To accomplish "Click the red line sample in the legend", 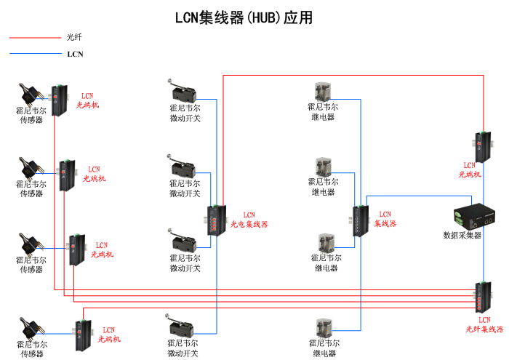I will point(34,37).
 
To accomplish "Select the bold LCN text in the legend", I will point(75,54).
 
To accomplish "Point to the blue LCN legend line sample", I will point(34,54).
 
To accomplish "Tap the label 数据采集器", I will point(462,235).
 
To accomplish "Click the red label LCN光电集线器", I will point(249,220).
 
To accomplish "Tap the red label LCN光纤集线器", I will point(484,324).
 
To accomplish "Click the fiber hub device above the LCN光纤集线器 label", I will point(483,295).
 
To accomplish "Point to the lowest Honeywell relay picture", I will point(324,328).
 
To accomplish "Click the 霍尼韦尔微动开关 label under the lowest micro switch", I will point(183,348).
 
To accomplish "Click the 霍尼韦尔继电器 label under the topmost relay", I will point(323,112).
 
